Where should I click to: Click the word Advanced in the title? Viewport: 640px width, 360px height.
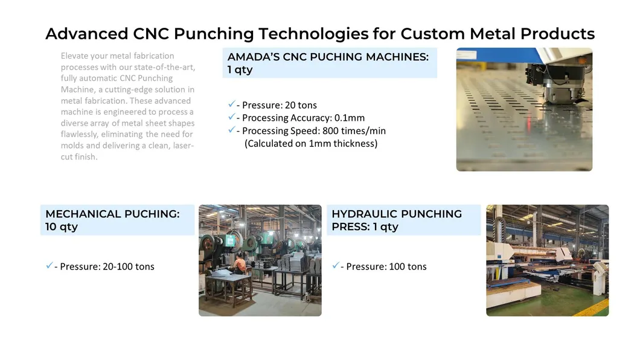point(86,33)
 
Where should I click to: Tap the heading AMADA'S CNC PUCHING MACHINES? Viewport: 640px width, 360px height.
point(328,57)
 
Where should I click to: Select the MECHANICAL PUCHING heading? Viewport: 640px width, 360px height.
point(112,214)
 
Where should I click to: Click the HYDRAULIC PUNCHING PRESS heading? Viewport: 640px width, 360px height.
point(397,214)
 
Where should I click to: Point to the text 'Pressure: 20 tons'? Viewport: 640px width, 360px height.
point(280,105)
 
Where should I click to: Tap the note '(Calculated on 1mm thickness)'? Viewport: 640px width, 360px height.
point(311,144)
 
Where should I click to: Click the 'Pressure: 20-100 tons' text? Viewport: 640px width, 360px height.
point(107,266)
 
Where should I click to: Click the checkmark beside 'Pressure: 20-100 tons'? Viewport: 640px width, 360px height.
point(48,266)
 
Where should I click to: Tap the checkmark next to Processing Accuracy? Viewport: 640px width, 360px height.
point(231,117)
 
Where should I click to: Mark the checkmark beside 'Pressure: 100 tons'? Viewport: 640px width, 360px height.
point(335,266)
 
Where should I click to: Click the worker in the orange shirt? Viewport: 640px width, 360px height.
point(240,264)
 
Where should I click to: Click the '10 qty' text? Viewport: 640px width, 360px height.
point(62,227)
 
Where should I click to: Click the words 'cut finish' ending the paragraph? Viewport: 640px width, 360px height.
point(78,157)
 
